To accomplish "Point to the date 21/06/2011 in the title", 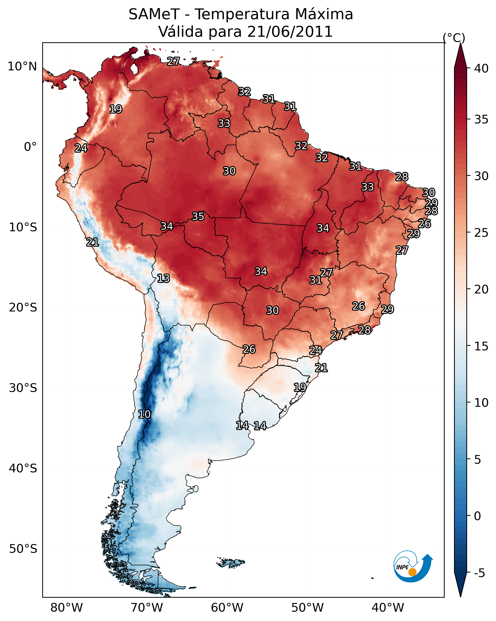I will click(x=290, y=32).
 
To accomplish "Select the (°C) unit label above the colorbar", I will click(x=454, y=38).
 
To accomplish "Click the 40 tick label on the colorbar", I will click(x=481, y=68).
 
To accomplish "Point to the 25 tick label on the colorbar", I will click(x=481, y=233).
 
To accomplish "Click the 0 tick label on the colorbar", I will click(x=477, y=516).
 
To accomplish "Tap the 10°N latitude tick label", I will click(x=22, y=67).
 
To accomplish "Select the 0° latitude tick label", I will click(x=30, y=147).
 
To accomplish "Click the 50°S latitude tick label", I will click(x=23, y=549).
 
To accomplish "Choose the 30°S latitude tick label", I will click(x=23, y=388).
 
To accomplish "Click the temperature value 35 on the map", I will click(x=198, y=216).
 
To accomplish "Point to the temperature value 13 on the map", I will click(x=163, y=278).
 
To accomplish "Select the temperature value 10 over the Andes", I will click(x=144, y=414).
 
